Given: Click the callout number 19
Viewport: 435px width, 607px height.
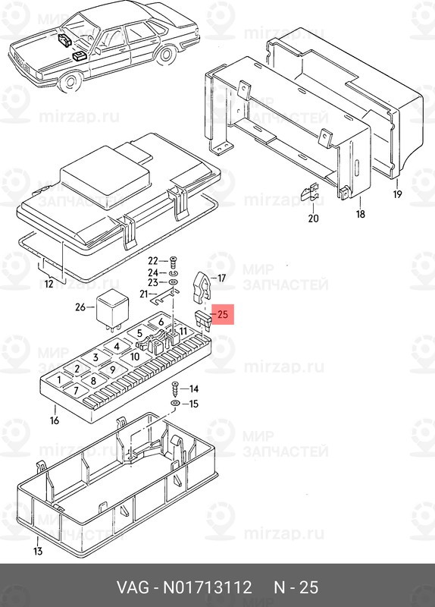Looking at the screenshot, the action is tap(398, 193).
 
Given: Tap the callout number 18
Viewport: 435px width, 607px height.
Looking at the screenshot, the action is tap(361, 213).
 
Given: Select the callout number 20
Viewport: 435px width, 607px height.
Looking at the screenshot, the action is tap(313, 219).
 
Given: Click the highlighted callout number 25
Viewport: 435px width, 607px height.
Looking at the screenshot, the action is tap(223, 314).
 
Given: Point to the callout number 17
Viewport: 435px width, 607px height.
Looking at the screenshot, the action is tap(221, 278).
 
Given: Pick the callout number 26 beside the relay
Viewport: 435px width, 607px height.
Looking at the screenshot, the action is tap(80, 307).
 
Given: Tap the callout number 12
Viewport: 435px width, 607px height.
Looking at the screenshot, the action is tap(49, 284).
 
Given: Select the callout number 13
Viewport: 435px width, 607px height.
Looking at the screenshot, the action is tap(37, 551).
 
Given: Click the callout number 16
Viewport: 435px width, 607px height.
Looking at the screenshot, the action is tap(55, 420).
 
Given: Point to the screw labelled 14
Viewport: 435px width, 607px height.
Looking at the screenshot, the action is tap(175, 388).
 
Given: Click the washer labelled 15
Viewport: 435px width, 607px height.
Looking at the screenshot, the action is tap(175, 404).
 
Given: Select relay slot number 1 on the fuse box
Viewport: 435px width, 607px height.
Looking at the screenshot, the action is tap(59, 379).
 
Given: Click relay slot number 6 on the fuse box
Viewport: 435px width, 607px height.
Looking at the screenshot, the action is tap(161, 321).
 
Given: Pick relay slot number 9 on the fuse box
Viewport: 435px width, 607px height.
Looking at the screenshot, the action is tap(112, 370).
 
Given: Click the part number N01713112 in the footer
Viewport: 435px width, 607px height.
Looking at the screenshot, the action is tap(207, 587).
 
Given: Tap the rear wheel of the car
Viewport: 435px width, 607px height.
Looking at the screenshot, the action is tap(166, 55).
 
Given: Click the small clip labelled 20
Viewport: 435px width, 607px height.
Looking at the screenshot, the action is tap(311, 193).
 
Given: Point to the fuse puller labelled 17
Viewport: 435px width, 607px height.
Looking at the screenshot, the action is tap(200, 288).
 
